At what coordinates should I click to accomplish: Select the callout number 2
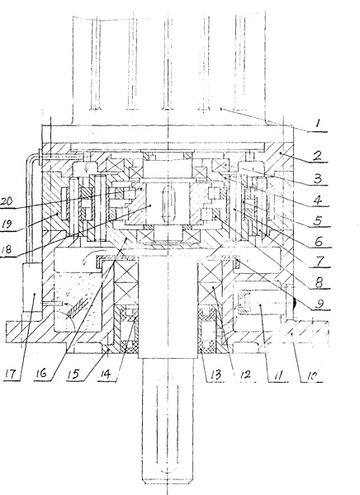tap(317, 156)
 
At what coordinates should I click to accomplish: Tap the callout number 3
tap(318, 178)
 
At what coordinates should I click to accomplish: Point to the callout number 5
tap(318, 220)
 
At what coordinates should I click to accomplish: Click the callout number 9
tap(320, 304)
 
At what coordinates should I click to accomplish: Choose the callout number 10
tap(312, 375)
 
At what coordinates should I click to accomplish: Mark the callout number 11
tap(277, 375)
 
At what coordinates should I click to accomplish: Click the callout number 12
tap(244, 375)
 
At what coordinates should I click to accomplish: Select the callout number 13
tap(216, 375)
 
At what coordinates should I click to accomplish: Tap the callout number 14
tap(105, 375)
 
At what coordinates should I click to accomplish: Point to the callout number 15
tap(73, 375)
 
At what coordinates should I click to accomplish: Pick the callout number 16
tap(41, 374)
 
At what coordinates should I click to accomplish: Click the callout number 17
tap(11, 375)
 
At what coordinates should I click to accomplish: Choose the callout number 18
tap(7, 249)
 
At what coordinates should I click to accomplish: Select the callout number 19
tap(7, 224)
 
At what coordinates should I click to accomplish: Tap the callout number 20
tap(7, 201)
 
